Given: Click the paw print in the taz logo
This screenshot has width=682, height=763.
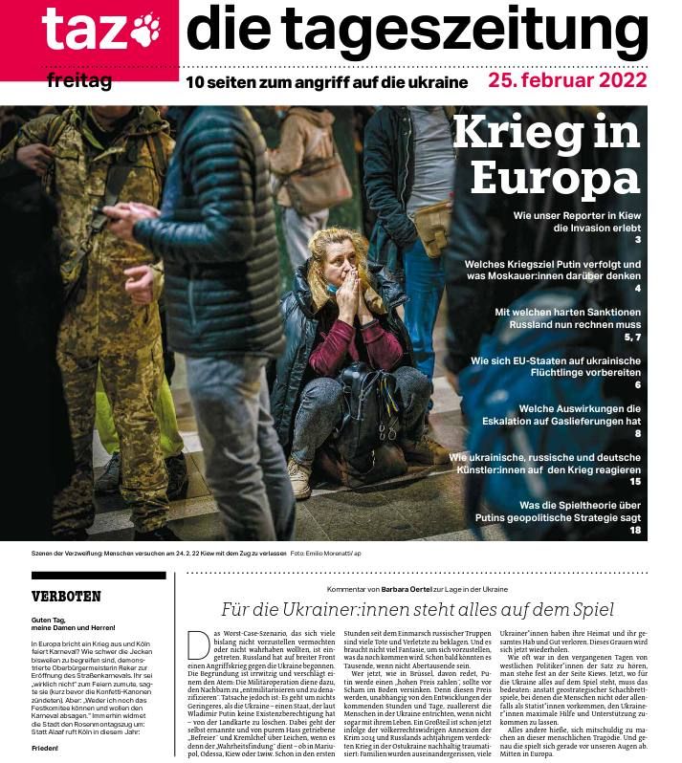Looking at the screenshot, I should [145, 30].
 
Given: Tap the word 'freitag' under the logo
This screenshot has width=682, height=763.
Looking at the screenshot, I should [79, 81].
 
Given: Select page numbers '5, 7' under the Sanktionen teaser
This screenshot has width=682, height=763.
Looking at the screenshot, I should [631, 338].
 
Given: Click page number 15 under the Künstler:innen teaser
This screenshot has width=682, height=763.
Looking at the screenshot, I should [634, 482].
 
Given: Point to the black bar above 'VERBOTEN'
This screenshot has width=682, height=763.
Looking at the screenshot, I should [84, 576].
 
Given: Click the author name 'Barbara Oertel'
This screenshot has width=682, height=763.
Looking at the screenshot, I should [411, 590].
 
